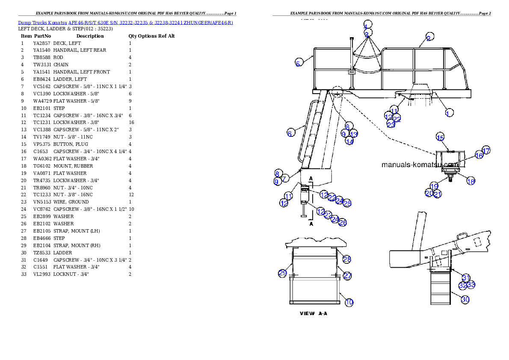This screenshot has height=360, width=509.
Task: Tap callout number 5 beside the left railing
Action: (x=298, y=63)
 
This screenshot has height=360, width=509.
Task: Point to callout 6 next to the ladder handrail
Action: (x=290, y=133)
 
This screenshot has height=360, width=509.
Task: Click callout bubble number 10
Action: (x=349, y=302)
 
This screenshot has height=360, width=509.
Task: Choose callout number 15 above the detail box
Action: (x=440, y=137)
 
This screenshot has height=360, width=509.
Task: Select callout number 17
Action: (x=486, y=150)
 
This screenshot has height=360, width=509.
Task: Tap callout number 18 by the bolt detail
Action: (x=471, y=181)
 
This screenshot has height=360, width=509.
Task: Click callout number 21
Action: (x=437, y=194)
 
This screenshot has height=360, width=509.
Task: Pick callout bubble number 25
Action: (x=347, y=204)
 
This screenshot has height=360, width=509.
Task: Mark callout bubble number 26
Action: (x=343, y=222)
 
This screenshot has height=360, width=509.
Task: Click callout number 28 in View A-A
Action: (x=347, y=259)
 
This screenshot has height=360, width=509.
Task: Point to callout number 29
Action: (x=282, y=273)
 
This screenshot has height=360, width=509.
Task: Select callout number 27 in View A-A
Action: (x=347, y=276)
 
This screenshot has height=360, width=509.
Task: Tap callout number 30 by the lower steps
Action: (x=465, y=299)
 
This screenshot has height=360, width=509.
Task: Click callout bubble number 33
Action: (x=471, y=284)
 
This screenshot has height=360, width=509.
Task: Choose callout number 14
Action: (x=349, y=141)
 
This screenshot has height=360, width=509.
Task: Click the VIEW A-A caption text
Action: (x=314, y=313)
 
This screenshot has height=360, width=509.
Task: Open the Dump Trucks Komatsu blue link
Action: (x=125, y=22)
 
